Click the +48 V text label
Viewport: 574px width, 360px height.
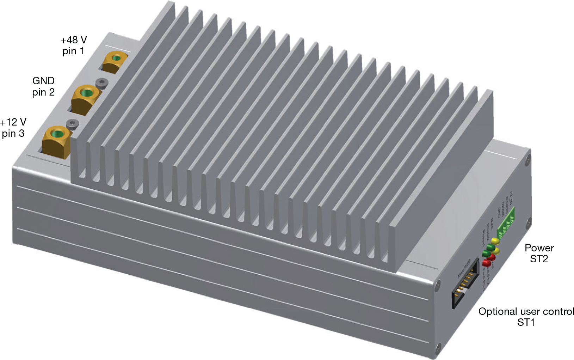pos(73,40)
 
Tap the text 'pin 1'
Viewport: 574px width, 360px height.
pos(73,51)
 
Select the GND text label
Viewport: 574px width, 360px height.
pos(43,81)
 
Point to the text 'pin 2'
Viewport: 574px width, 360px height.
pos(43,92)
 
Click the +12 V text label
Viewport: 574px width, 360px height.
pos(13,122)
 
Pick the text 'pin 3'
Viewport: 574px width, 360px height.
pos(13,134)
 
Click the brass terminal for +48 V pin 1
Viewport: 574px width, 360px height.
pos(115,61)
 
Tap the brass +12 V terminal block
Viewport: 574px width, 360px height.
pos(56,141)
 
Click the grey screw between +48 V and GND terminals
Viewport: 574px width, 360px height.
pos(102,83)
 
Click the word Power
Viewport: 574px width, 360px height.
pos(539,248)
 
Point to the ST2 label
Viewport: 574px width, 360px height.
pos(539,259)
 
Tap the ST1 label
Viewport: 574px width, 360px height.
pos(526,323)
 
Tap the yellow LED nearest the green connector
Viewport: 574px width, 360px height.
pos(495,241)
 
